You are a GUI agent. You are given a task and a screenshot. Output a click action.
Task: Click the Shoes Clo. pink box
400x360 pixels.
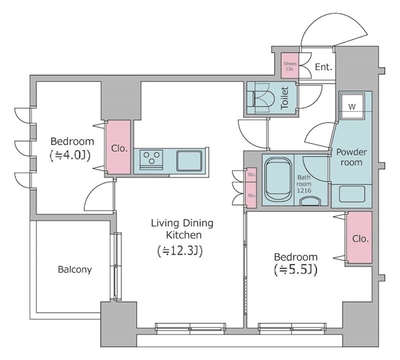point(290,66)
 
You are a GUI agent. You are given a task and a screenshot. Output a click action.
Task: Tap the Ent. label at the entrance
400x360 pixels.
point(324,67)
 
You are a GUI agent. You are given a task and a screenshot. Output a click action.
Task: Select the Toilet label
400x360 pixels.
point(285,98)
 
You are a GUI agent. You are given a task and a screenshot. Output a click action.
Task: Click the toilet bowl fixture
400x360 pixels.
point(262,97)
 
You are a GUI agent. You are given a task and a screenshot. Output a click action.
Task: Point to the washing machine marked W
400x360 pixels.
point(352,106)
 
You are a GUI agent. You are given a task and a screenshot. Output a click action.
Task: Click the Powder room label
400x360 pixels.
point(351,157)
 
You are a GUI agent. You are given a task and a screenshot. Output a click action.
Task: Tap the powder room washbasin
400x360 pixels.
point(352,194)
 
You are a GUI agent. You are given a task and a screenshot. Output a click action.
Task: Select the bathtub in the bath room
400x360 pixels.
point(278,179)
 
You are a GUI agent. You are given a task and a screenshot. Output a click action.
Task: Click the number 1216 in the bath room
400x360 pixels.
point(304,191)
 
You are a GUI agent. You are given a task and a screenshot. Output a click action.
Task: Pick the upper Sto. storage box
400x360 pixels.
point(251,175)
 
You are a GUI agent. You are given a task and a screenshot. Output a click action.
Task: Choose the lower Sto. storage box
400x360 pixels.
point(251,195)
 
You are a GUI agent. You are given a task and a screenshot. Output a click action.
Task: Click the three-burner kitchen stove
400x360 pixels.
point(151,160)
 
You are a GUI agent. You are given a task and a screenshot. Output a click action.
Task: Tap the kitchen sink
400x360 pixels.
point(189,161)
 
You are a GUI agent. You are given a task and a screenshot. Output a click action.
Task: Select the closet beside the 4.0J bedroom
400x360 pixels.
point(118,147)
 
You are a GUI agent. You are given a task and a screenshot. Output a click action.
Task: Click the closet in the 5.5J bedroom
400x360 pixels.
point(359,237)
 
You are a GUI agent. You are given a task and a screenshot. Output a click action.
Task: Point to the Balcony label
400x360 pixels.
point(75,269)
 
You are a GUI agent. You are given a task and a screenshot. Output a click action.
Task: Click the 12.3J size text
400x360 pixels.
point(180,251)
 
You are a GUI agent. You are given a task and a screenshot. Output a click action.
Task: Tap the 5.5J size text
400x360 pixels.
point(296,270)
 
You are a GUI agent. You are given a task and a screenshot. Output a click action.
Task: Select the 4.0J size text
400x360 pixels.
point(70,156)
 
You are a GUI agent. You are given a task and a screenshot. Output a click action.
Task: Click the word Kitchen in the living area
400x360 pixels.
point(184,235)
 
